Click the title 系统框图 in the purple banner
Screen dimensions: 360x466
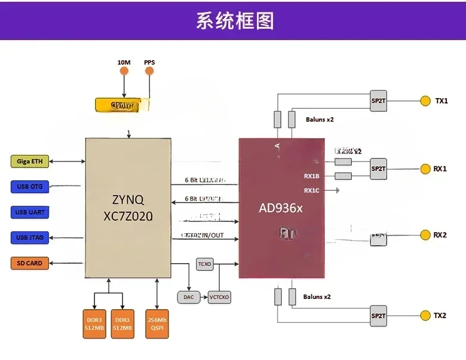(235, 20)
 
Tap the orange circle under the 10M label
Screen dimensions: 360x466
(124, 71)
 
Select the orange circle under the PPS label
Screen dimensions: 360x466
(149, 71)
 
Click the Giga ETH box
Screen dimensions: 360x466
(30, 161)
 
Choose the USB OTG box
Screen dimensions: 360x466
(30, 187)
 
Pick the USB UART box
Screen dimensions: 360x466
(30, 212)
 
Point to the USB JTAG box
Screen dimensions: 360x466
(30, 237)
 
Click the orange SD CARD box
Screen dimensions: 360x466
(30, 263)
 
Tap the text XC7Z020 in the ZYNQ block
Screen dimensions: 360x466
(127, 216)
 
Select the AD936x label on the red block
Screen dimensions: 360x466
(281, 209)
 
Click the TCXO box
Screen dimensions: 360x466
(204, 264)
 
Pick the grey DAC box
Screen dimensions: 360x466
(188, 297)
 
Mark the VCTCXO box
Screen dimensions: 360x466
(219, 297)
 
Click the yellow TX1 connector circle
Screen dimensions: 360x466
(425, 101)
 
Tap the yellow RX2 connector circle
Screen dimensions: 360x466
(425, 234)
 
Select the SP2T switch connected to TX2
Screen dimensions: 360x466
(378, 316)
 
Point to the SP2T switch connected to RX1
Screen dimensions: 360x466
(378, 169)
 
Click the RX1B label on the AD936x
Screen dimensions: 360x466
(312, 176)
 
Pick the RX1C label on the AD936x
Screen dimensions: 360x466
(312, 191)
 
